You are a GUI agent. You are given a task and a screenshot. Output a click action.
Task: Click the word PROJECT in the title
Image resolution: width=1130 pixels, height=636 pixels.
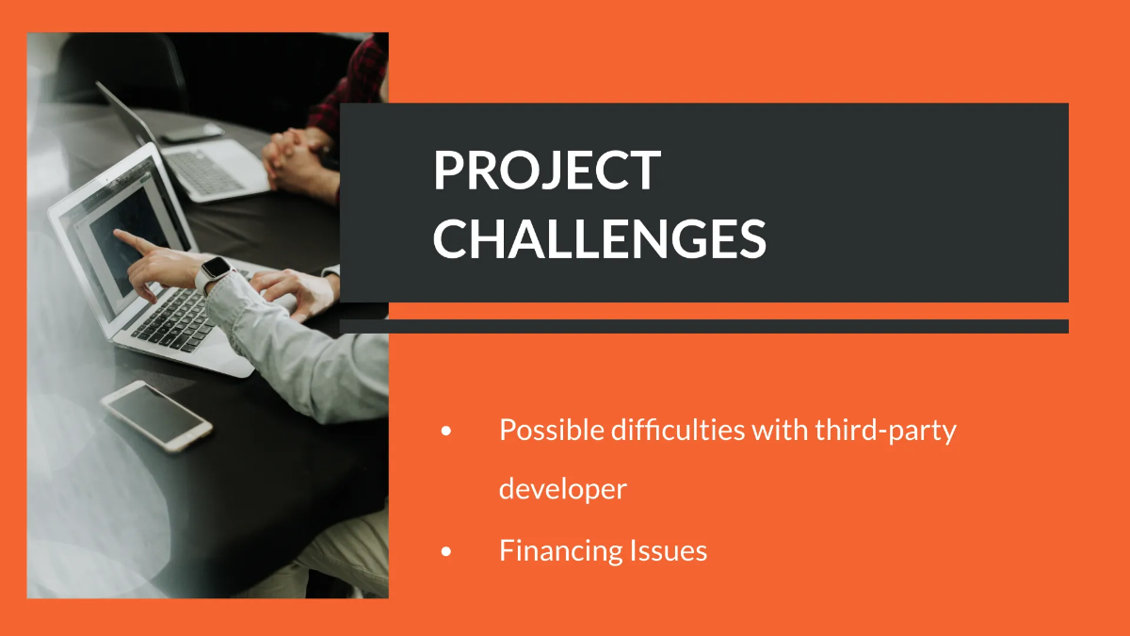546,171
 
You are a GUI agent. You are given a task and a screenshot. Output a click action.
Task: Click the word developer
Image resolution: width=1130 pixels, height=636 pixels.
562,489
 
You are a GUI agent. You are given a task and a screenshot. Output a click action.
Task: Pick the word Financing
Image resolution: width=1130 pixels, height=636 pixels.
546,550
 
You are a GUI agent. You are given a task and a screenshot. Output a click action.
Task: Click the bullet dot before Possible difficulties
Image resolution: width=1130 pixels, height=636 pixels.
446,432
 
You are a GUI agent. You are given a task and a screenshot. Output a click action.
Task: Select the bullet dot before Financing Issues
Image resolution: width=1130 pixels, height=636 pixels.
446,551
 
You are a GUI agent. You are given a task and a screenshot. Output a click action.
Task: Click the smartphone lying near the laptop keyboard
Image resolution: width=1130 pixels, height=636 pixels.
156,415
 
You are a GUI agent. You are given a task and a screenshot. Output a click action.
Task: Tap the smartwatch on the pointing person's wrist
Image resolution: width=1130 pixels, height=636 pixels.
216,272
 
